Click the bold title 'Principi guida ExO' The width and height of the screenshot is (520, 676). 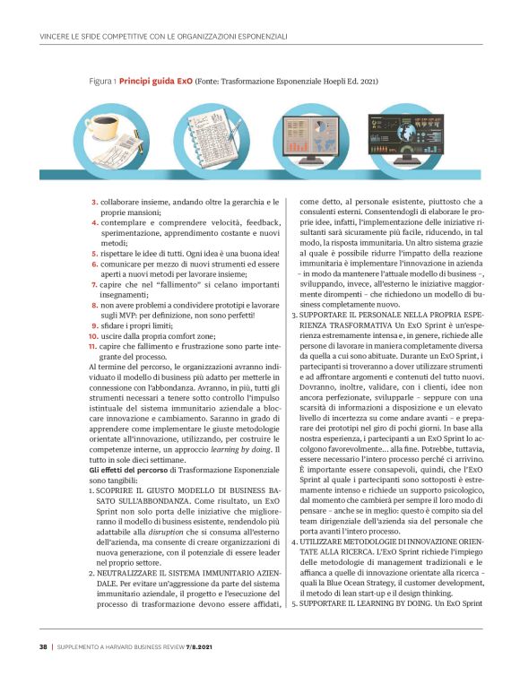(155, 79)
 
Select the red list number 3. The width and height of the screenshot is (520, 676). (95, 204)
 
